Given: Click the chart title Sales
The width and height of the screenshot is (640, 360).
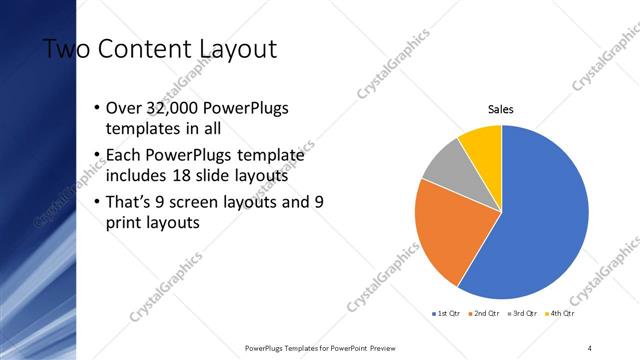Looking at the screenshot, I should (x=501, y=109).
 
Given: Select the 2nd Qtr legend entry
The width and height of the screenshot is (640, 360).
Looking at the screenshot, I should (x=485, y=313).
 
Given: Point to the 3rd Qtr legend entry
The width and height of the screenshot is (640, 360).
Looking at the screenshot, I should (x=525, y=313).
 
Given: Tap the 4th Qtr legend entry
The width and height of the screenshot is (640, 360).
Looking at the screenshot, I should (x=562, y=313).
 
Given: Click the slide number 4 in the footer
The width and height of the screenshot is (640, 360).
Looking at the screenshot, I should (x=590, y=347).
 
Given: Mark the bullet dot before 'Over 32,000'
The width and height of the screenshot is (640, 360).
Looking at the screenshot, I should (x=95, y=108).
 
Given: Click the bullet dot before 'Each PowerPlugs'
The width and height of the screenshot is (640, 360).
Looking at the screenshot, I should (x=95, y=155).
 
